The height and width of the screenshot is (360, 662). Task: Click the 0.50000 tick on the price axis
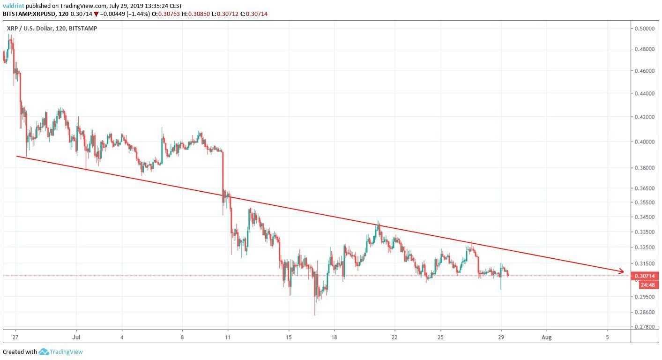tap(645, 29)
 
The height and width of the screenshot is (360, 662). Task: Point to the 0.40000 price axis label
tap(645, 142)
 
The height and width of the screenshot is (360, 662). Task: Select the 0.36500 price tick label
tap(645, 188)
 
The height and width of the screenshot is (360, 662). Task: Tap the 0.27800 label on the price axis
tap(645, 327)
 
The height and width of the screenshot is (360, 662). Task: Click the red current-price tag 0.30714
tap(646, 277)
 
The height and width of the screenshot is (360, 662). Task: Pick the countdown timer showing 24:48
tap(646, 285)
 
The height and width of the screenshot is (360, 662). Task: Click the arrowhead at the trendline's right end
tap(622, 271)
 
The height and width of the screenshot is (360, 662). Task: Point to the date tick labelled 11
tap(228, 337)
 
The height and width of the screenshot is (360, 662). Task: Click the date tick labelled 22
tap(394, 337)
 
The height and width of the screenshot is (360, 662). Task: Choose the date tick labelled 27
tap(15, 337)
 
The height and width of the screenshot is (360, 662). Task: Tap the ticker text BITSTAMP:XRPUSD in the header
tap(28, 14)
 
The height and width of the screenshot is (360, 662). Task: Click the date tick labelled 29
tap(501, 337)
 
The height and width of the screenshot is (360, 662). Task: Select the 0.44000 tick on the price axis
tap(645, 94)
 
